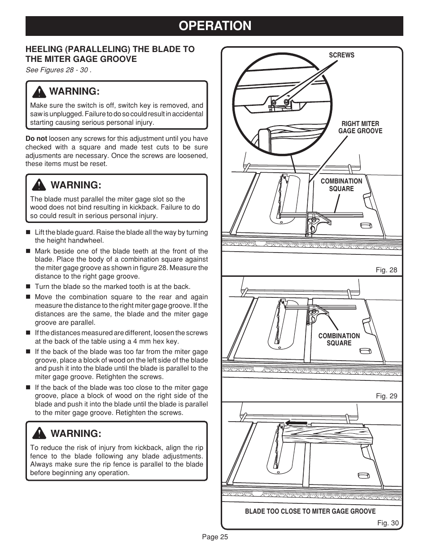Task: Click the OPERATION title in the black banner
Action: pyautogui.click(x=214, y=26)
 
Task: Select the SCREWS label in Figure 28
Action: pyautogui.click(x=341, y=55)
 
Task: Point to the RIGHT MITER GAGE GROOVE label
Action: pyautogui.click(x=360, y=127)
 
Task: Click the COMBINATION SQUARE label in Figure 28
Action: pyautogui.click(x=341, y=185)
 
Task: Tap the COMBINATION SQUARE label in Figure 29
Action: pyautogui.click(x=339, y=340)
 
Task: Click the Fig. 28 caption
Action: pyautogui.click(x=386, y=270)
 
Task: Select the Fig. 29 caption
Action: pyautogui.click(x=386, y=396)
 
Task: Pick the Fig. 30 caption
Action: pyautogui.click(x=387, y=523)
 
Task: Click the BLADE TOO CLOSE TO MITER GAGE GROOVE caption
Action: pyautogui.click(x=310, y=511)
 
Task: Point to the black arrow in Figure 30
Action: pyautogui.click(x=296, y=423)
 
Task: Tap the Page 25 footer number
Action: pyautogui.click(x=214, y=537)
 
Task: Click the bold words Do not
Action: pyautogui.click(x=36, y=139)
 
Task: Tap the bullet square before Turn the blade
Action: pyautogui.click(x=28, y=287)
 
